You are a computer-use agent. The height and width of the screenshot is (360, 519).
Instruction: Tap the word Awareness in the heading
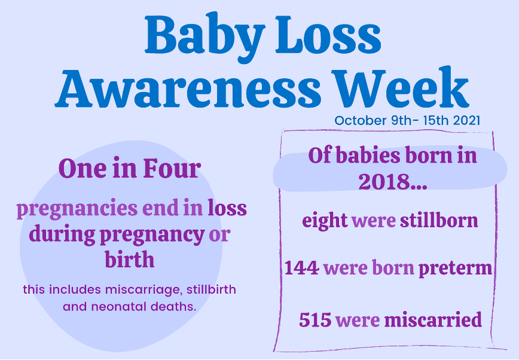[x=188, y=88]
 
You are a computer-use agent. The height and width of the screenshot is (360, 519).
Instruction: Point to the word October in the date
[x=361, y=121]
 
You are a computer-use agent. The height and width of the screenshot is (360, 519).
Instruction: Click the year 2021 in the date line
[x=466, y=121]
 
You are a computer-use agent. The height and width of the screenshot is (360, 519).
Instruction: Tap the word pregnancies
[x=77, y=209]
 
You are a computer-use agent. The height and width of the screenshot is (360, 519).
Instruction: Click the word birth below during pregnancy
[x=129, y=260]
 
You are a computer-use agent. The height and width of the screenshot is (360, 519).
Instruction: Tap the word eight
[x=325, y=221]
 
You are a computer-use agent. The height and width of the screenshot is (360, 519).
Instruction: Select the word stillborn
[x=439, y=220]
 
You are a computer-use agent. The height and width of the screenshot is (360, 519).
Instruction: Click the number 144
[x=302, y=267]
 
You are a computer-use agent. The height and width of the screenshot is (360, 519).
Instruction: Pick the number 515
[x=315, y=320]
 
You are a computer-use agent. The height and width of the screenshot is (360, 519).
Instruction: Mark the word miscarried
[x=433, y=320]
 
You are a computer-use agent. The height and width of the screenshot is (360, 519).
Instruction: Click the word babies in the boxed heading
[x=368, y=155]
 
